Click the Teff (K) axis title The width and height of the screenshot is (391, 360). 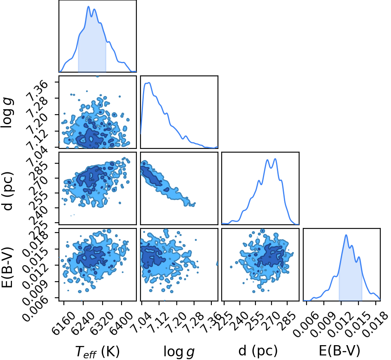click(98, 351)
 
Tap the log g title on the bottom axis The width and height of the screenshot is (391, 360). click(179, 351)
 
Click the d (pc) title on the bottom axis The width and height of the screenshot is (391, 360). click(258, 351)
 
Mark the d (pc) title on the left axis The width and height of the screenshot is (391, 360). click(7, 190)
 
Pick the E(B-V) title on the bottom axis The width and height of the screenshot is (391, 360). click(339, 351)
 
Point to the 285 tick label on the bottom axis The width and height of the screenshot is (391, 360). click(287, 320)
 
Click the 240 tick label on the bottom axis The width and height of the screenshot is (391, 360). click(239, 320)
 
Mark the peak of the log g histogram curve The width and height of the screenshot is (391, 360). click(149, 82)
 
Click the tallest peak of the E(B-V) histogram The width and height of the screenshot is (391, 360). click(346, 235)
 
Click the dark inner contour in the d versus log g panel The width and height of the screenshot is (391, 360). click(152, 176)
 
